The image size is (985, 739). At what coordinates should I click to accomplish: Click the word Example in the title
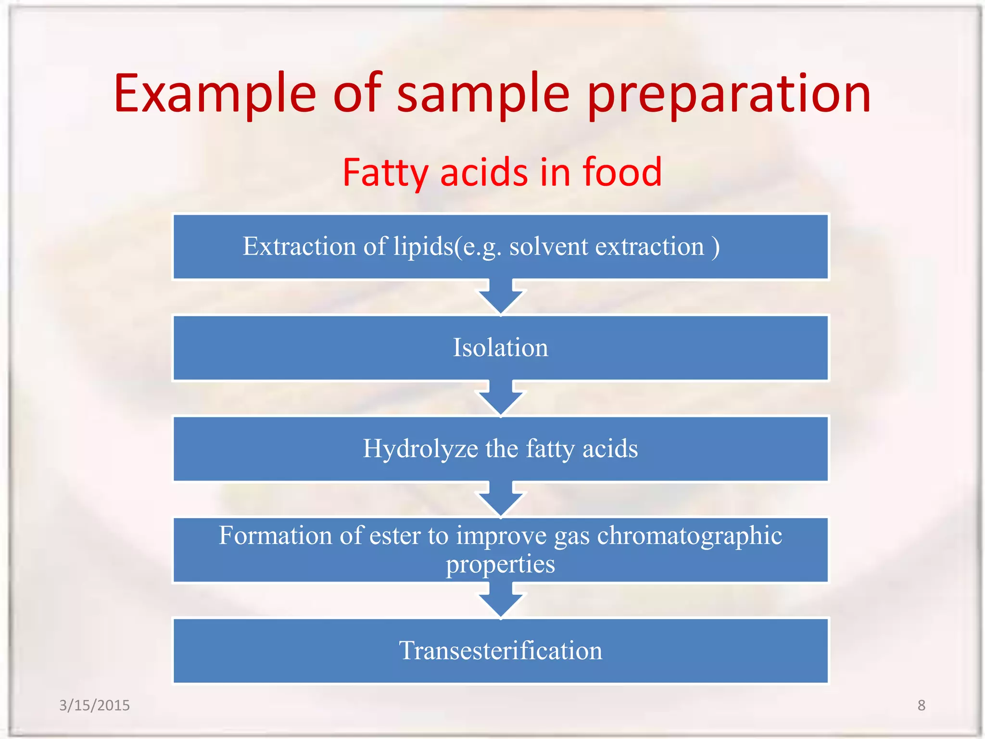tap(215, 94)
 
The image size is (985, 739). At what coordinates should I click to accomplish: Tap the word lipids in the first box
tap(423, 246)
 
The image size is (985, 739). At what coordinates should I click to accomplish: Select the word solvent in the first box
tap(549, 246)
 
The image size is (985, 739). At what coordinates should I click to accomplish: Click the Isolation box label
tap(500, 347)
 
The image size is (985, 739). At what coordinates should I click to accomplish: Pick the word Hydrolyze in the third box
tap(420, 449)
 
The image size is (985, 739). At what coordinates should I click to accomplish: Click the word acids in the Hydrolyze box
tap(610, 449)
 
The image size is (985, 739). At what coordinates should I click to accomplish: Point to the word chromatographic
tap(689, 535)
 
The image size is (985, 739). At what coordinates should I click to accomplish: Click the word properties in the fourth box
tap(500, 564)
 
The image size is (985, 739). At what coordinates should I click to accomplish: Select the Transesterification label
tap(500, 650)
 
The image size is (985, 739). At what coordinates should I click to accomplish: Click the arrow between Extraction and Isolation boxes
tap(500, 297)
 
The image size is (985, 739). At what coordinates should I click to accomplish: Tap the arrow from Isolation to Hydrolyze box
tap(500, 398)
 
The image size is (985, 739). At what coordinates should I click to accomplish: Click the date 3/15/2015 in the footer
tap(94, 705)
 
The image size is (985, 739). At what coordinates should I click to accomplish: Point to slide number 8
tap(921, 705)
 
